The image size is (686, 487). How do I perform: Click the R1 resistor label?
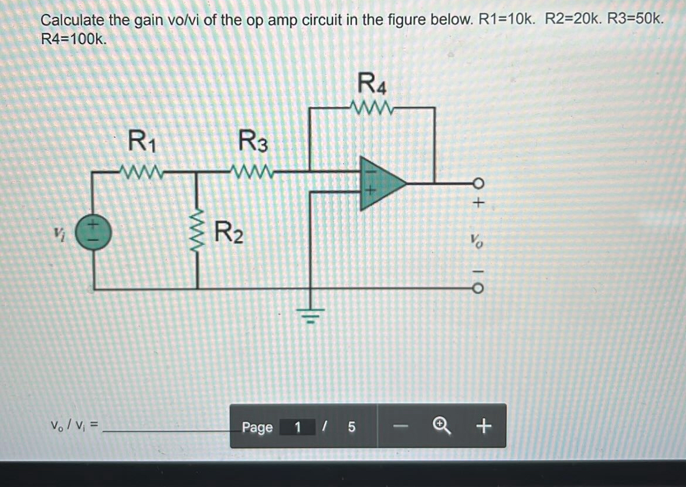[142, 142]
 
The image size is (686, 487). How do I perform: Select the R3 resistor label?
[253, 142]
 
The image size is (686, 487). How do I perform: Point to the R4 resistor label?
[372, 83]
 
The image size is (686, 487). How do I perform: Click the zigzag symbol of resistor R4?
[372, 108]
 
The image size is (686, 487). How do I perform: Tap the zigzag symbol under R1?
[142, 172]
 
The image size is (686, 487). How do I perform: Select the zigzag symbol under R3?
[252, 172]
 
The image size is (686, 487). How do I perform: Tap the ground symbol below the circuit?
[310, 317]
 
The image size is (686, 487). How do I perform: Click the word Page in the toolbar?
[257, 427]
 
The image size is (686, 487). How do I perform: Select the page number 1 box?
[297, 427]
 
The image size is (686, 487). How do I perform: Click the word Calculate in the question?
[73, 21]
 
